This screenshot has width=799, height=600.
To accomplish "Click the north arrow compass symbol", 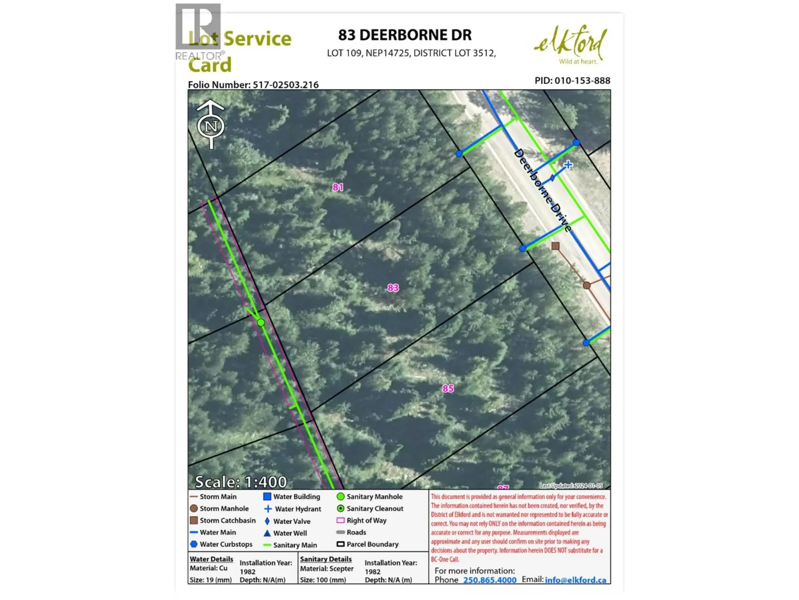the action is click(x=211, y=125).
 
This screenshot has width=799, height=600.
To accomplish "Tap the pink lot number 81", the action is click(x=338, y=187).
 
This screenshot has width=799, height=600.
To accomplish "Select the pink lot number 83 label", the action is click(x=393, y=287).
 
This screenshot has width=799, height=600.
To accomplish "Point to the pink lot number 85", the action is click(x=448, y=388).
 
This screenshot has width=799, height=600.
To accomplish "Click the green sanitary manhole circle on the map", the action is click(x=261, y=322).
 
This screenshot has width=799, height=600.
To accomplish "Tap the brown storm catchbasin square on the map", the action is click(x=555, y=246).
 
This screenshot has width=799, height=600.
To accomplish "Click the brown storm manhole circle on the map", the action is click(x=586, y=285).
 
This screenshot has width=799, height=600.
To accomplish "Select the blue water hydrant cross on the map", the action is click(x=568, y=165).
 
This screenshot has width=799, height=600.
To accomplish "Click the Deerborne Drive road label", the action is click(x=543, y=190).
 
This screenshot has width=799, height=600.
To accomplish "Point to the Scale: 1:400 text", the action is click(x=241, y=482).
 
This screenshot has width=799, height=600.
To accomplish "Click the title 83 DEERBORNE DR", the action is click(x=404, y=35).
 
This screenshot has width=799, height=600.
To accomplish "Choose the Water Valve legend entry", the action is click(x=291, y=521).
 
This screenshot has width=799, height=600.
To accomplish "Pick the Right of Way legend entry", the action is click(x=366, y=520).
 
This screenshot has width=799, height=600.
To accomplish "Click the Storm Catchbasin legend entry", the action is click(x=227, y=520).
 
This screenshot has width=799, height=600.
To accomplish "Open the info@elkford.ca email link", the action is click(x=576, y=580).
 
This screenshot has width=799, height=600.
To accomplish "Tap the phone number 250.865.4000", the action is click(x=490, y=580).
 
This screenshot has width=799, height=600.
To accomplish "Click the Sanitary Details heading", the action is click(x=326, y=559).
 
